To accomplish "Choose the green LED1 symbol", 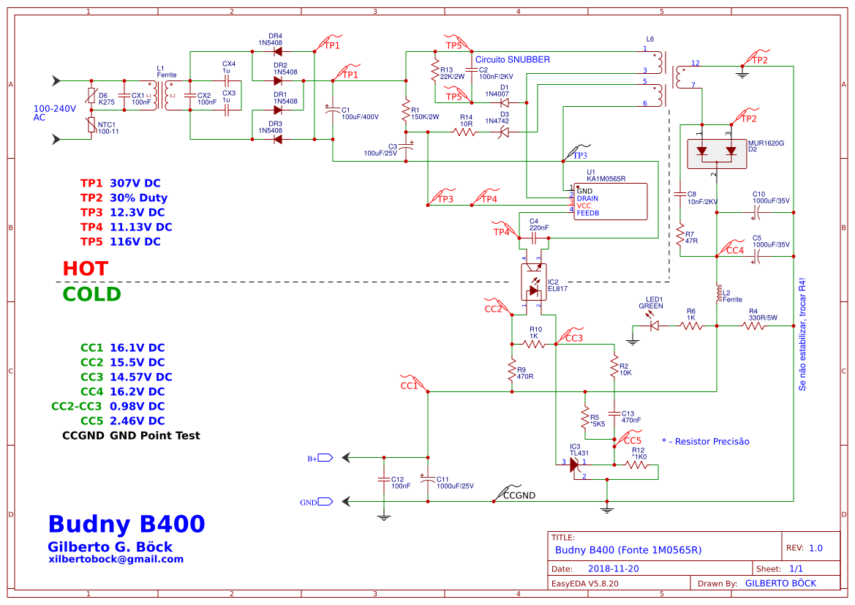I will coord(654,326).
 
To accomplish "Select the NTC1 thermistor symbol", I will coord(91,126).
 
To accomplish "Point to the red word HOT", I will coord(85,268).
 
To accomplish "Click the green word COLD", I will coord(91,294).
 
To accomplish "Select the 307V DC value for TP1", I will coord(135,183).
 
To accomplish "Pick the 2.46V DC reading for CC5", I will coord(137,421).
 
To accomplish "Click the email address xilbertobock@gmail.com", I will coord(116,559).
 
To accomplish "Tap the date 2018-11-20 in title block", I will coord(613,568).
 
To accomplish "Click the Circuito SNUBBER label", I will coord(512,59).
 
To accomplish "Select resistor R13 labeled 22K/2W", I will coord(435,72).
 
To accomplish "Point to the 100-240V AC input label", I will coord(55,113).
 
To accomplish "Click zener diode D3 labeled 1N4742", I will coord(504,132).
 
